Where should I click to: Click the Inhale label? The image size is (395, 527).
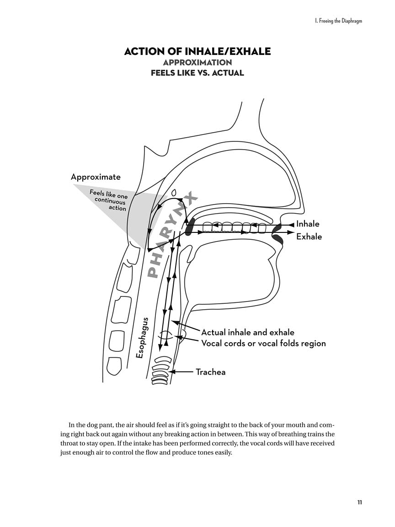(x=308, y=224)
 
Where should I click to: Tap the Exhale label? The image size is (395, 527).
(x=309, y=237)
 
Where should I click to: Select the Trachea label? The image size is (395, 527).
(x=210, y=372)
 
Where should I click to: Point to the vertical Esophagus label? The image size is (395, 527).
(x=141, y=338)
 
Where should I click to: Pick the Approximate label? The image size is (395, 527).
(x=96, y=177)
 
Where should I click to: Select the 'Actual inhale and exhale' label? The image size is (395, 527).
(x=248, y=333)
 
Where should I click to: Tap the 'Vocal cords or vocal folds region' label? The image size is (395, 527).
(x=263, y=343)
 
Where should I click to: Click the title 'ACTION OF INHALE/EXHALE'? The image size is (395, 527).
(x=197, y=51)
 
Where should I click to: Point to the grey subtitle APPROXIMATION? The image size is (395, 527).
(x=197, y=62)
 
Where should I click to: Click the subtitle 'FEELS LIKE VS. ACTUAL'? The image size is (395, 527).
(x=197, y=73)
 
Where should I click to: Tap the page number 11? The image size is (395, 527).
(x=360, y=502)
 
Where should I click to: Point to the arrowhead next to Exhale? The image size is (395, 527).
(x=290, y=233)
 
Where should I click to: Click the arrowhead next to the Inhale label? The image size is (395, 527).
(x=291, y=225)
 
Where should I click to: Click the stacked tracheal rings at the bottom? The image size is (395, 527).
(x=163, y=370)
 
